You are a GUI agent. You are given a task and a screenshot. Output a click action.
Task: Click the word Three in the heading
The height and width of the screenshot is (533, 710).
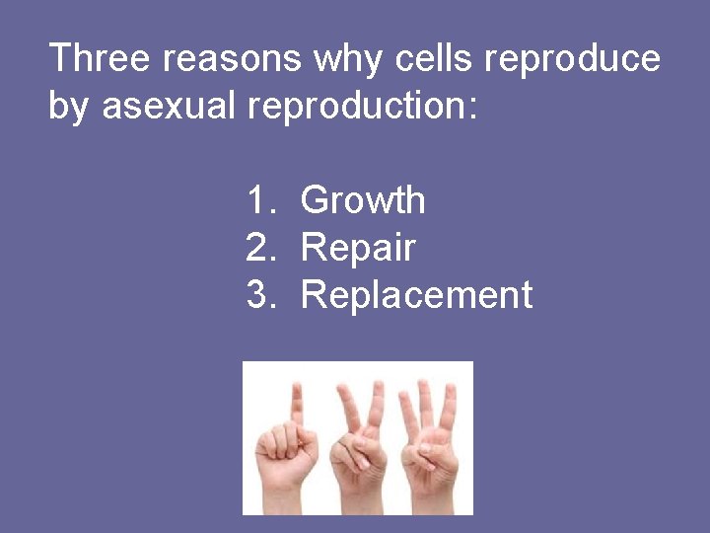(x=100, y=59)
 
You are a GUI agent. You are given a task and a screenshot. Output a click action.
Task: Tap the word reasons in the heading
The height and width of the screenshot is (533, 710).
(x=233, y=59)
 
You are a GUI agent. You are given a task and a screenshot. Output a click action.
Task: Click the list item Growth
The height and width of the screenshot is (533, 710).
(x=363, y=201)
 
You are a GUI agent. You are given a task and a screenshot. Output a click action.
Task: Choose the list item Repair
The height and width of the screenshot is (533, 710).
(x=358, y=249)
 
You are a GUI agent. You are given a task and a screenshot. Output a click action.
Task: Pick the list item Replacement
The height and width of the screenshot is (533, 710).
(x=416, y=295)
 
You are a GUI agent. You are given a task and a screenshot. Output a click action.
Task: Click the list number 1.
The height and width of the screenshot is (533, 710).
(x=260, y=201)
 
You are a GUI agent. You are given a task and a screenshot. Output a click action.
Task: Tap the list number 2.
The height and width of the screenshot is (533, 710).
(x=260, y=249)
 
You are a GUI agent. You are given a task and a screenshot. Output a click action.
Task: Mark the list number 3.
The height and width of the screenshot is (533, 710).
(x=260, y=295)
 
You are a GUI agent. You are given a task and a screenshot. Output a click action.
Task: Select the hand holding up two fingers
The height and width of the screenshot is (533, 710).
(x=357, y=444)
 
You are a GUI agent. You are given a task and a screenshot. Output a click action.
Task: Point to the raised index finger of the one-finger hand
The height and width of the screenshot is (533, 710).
(x=296, y=400)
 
